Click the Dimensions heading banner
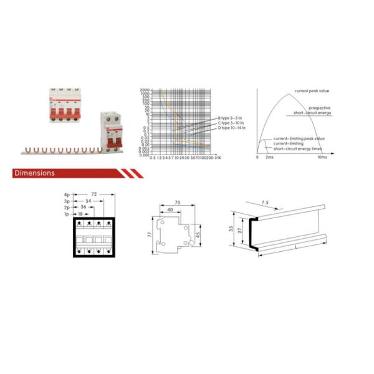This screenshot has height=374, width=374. point(34,173)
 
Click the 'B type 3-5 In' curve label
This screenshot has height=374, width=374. point(232,118)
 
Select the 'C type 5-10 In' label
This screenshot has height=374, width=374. point(232,123)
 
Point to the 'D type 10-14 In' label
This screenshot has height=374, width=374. point(233,128)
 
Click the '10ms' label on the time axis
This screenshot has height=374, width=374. point(322,158)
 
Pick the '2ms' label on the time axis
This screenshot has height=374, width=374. point(269,158)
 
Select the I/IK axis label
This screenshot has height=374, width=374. point(218,158)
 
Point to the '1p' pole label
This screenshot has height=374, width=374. point(67,213)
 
